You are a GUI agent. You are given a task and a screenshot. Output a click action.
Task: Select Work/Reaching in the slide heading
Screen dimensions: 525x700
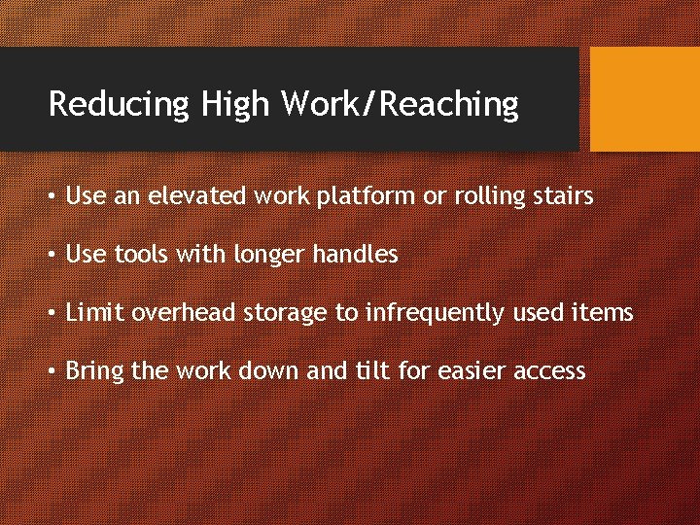tap(400, 104)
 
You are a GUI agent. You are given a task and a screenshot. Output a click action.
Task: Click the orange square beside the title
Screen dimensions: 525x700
tap(645, 99)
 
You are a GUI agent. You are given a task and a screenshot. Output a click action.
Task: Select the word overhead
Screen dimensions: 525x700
tap(184, 313)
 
